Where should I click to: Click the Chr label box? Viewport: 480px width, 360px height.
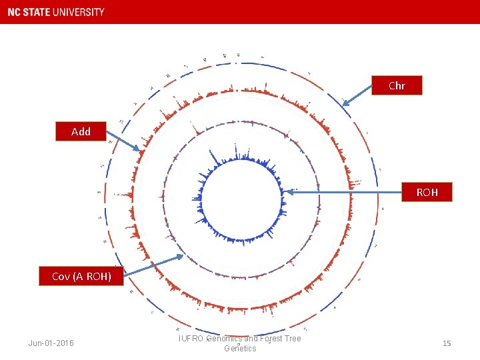click(x=397, y=86)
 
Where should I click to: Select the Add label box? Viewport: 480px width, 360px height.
click(x=81, y=132)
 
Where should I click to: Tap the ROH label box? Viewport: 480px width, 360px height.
click(x=427, y=192)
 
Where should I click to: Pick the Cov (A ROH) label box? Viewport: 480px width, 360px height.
click(x=81, y=276)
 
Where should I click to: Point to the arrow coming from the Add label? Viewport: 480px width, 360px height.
click(x=123, y=141)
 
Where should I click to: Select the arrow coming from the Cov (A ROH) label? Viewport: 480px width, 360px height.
click(x=153, y=265)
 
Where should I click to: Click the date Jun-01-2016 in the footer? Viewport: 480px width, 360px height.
click(x=51, y=343)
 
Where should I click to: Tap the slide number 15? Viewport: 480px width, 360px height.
click(x=447, y=343)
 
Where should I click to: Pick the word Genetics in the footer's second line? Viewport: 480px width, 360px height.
click(x=240, y=349)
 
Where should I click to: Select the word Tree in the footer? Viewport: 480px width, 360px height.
click(x=293, y=339)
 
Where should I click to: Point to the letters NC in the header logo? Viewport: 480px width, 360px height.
click(x=14, y=12)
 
